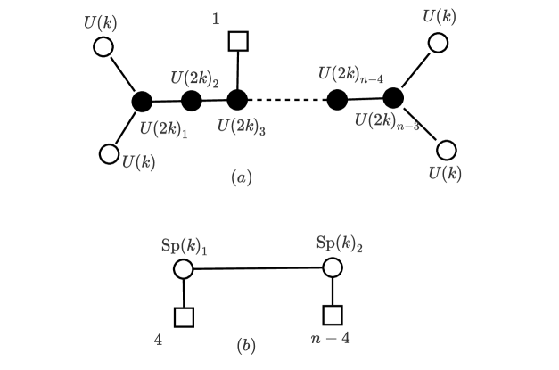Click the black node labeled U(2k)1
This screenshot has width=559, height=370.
[x=141, y=102]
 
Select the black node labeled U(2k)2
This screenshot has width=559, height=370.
[x=191, y=100]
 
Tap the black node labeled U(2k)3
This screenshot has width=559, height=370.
[x=237, y=99]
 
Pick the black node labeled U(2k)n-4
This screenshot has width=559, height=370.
[x=337, y=100]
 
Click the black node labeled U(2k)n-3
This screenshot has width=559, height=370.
[x=393, y=97]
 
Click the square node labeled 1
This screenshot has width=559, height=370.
[x=237, y=41]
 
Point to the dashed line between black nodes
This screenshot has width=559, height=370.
[x=287, y=100]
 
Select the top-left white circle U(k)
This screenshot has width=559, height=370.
[x=103, y=47]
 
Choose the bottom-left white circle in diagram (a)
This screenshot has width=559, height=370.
[x=109, y=154]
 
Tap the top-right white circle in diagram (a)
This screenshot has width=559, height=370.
[x=437, y=42]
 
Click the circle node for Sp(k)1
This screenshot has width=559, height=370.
[x=184, y=268]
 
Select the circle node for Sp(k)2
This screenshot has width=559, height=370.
[x=333, y=267]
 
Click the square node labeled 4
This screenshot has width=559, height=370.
[x=184, y=317]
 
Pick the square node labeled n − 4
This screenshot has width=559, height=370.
[x=333, y=315]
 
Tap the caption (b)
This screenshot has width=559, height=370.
[x=246, y=345]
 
